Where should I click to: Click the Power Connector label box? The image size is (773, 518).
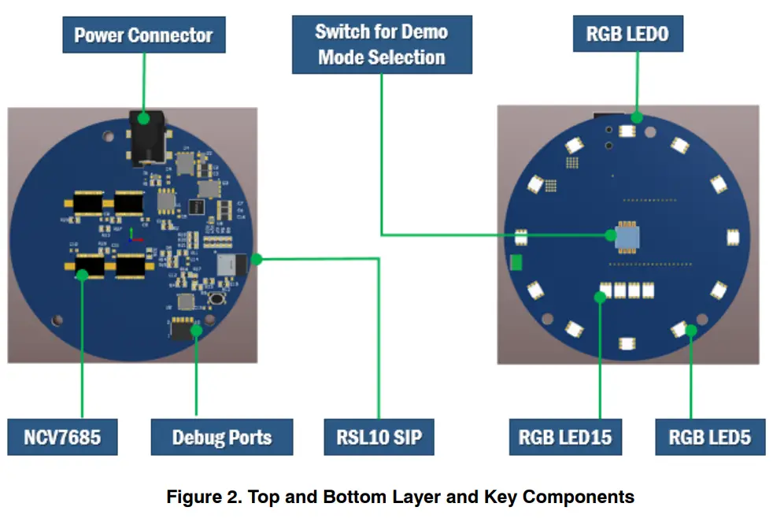(x=143, y=35)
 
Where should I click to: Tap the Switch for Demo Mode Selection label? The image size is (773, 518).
(x=382, y=45)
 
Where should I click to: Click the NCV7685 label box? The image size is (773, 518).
(x=62, y=437)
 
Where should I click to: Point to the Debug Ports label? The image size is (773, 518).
(x=221, y=437)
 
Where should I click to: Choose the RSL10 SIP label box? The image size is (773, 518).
(x=379, y=437)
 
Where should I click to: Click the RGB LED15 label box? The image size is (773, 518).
(x=565, y=437)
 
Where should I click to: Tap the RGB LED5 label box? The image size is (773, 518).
(x=710, y=437)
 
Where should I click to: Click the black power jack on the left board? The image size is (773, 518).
(x=144, y=142)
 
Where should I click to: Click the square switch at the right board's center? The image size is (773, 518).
(x=627, y=235)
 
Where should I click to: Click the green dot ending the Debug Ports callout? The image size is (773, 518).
(x=197, y=331)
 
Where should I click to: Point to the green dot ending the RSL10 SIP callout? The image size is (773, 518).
(x=256, y=259)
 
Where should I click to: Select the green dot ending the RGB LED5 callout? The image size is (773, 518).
(x=690, y=330)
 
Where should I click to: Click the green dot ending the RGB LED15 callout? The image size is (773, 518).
(x=600, y=297)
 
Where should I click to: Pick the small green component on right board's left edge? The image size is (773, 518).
(x=516, y=263)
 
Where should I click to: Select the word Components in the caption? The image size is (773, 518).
(x=578, y=498)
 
